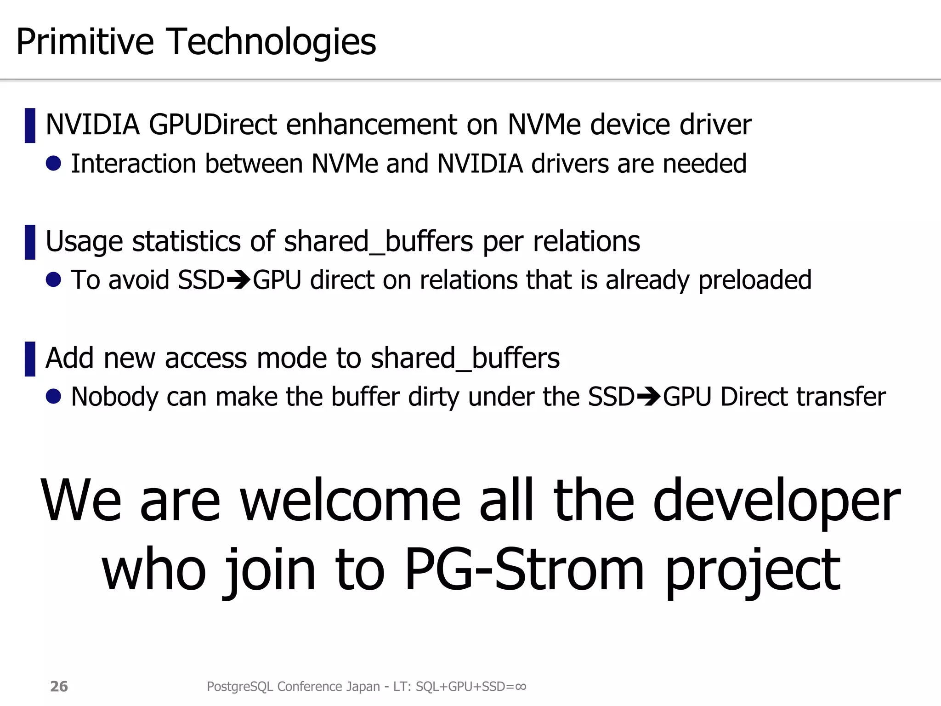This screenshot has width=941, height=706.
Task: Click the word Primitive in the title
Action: pos(85,42)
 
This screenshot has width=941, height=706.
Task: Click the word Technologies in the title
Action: pos(272,42)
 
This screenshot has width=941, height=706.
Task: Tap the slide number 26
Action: pos(59,686)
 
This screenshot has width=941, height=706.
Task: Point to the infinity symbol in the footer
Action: pos(521,686)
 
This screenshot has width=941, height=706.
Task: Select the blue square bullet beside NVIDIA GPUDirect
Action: pos(30,125)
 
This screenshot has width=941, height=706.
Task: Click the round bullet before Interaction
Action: pos(54,163)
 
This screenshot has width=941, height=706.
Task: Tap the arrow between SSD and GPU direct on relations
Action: pos(238,280)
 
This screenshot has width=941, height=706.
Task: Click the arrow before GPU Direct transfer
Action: pos(648,397)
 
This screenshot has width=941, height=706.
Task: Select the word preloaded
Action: pos(755,280)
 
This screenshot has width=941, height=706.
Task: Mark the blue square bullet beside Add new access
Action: pos(30,359)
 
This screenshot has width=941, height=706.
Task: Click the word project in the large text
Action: pos(753,571)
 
